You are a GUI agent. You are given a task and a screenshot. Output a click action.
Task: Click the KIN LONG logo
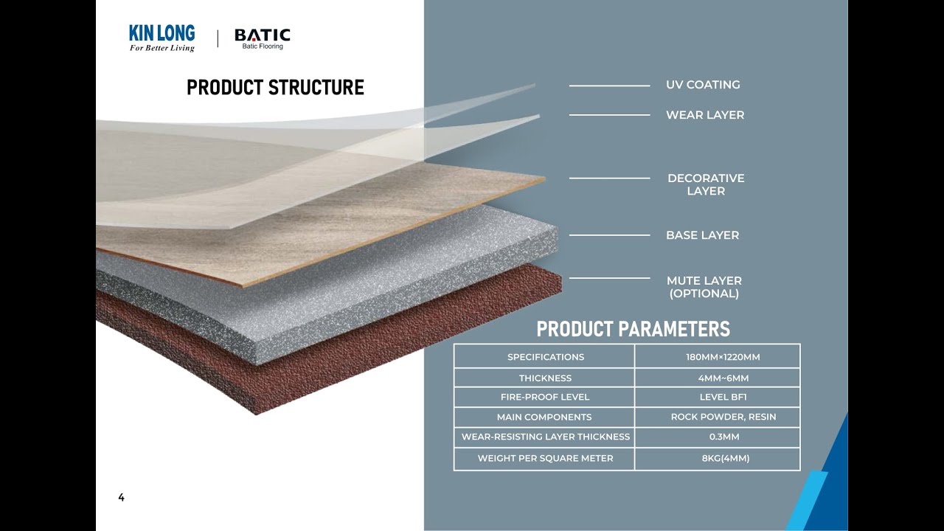pos(162,38)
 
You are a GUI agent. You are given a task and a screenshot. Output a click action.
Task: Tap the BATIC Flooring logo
pos(262,38)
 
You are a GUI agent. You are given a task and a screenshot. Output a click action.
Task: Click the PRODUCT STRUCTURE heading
pos(275,88)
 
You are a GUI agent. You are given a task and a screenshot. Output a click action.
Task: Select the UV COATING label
pos(703,85)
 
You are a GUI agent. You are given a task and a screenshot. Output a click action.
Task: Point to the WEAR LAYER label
pos(705,115)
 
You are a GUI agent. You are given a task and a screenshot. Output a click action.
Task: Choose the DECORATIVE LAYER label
pos(706,184)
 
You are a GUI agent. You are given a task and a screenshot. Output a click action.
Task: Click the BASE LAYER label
pos(702,235)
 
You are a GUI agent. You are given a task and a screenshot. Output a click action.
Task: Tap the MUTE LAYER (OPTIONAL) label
pos(704,287)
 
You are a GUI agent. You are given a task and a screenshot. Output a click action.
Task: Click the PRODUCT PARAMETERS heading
pos(633,329)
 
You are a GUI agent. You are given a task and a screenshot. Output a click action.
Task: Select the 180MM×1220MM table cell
pos(723,357)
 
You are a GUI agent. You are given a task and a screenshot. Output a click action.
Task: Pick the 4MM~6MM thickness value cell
pos(723,378)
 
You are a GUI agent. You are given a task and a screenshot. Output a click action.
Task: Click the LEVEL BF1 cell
pos(723,398)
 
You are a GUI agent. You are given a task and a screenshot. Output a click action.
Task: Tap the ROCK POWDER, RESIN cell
pos(723,417)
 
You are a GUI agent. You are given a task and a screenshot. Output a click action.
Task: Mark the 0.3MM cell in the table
pos(723,437)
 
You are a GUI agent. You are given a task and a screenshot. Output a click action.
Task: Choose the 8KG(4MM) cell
pos(723,458)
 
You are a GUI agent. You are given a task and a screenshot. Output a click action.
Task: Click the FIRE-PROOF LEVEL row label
pos(545,398)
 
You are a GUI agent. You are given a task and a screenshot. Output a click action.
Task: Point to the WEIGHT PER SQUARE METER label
pos(545,458)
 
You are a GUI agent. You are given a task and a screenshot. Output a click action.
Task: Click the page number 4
pos(122,498)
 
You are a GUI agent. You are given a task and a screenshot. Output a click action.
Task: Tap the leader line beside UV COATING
pos(609,86)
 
